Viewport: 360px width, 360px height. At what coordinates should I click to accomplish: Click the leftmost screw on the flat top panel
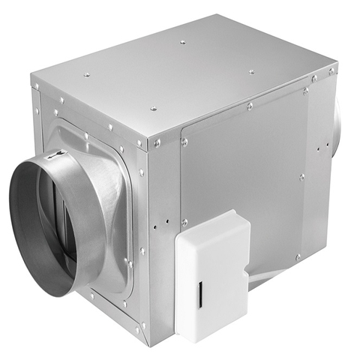pyautogui.click(x=87, y=74)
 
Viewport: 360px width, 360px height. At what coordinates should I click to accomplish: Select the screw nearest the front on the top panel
pyautogui.click(x=154, y=109)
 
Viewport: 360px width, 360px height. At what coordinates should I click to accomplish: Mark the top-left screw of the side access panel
pyautogui.click(x=184, y=141)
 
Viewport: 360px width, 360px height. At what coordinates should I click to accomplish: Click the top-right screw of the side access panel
pyautogui.click(x=305, y=91)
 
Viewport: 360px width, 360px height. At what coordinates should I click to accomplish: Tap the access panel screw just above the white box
pyautogui.click(x=184, y=222)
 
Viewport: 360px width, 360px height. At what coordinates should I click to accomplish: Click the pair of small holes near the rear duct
pyautogui.click(x=319, y=150)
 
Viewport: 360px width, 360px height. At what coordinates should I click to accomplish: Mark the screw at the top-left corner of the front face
pyautogui.click(x=35, y=87)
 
